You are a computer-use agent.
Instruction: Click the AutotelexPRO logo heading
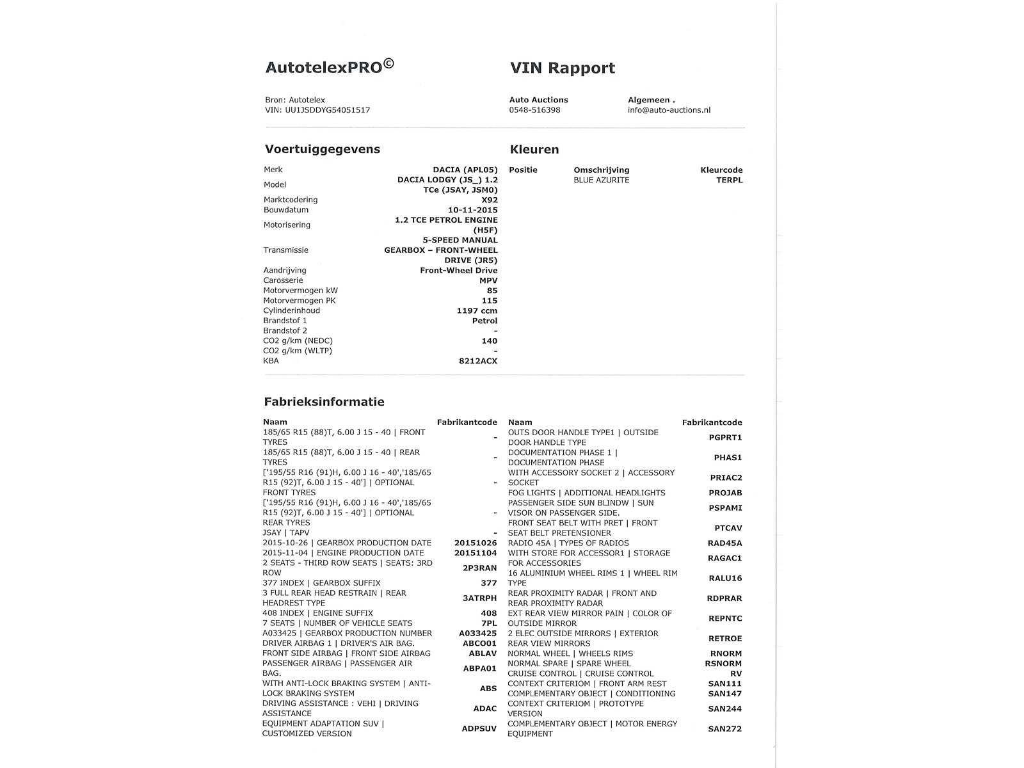(330, 67)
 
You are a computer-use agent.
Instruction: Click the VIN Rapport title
(562, 68)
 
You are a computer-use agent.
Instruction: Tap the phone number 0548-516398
(534, 110)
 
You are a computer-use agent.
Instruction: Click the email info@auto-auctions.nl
(669, 110)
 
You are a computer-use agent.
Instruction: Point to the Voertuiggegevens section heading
(323, 149)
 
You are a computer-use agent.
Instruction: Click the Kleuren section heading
(534, 150)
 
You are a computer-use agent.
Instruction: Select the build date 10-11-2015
(472, 210)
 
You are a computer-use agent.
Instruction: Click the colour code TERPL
(729, 180)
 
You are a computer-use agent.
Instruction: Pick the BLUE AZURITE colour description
(601, 180)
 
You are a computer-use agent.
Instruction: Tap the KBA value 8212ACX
(477, 361)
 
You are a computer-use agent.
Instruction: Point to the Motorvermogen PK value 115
(489, 301)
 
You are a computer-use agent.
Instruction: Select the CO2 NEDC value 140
(489, 341)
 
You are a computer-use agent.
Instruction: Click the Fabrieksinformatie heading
(324, 402)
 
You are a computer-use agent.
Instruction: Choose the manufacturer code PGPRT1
(725, 438)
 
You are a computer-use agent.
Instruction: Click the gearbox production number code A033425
(477, 634)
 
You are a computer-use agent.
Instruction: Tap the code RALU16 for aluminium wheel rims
(725, 579)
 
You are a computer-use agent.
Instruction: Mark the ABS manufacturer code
(488, 689)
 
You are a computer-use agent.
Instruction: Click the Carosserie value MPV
(488, 280)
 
